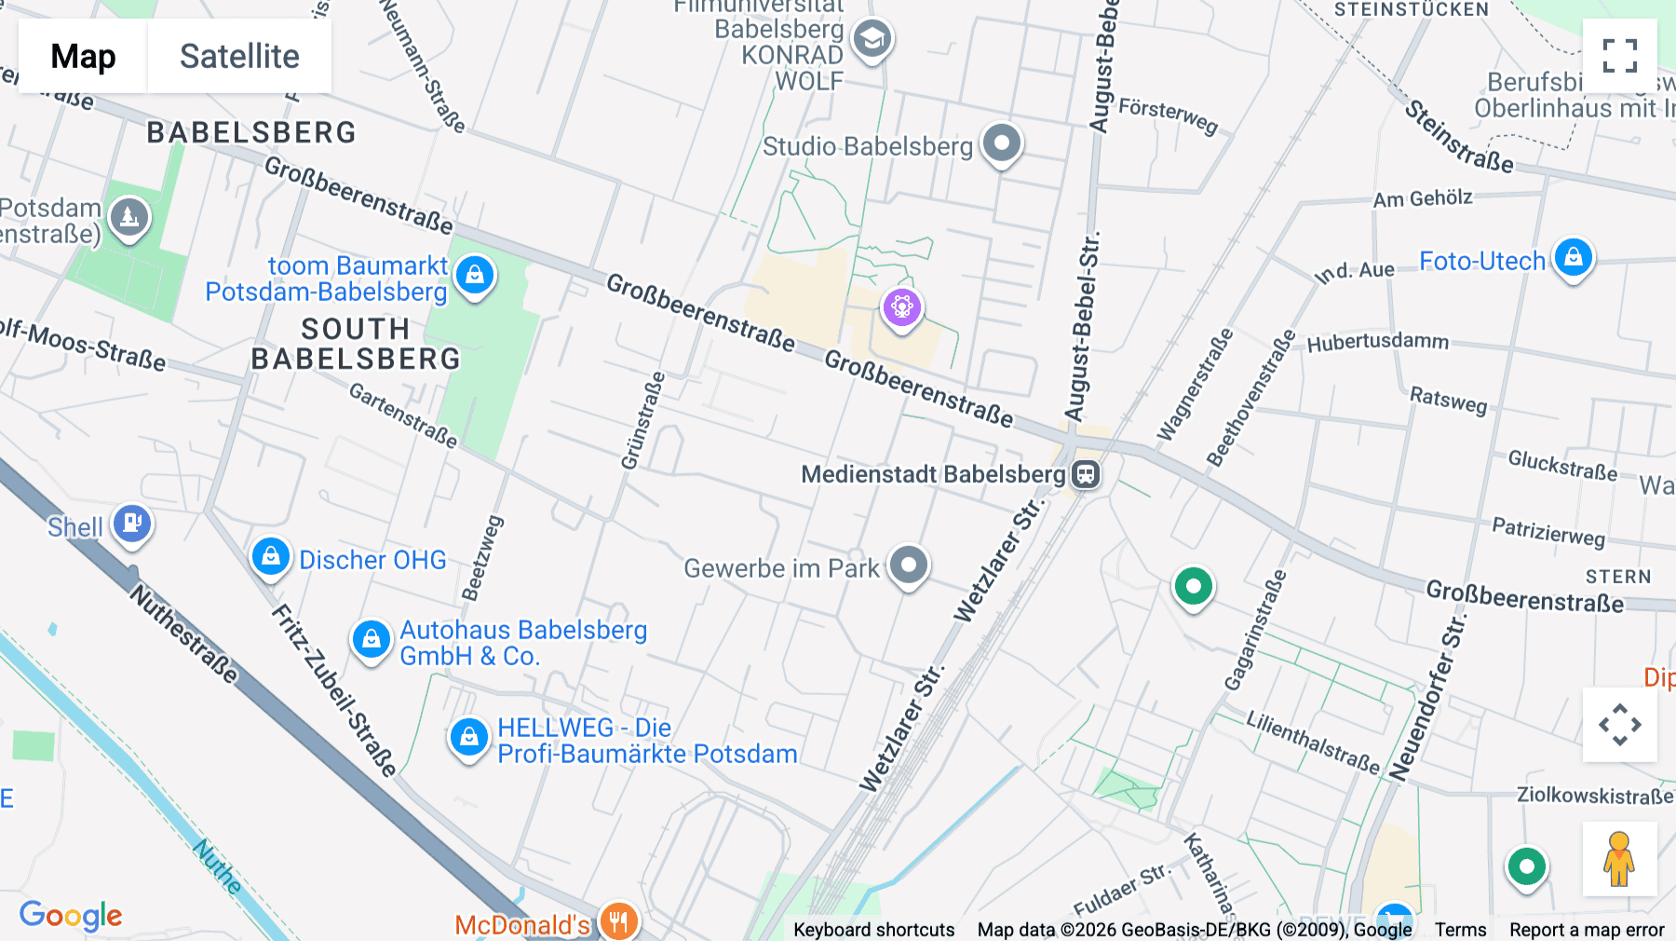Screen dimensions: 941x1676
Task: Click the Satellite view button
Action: click(239, 56)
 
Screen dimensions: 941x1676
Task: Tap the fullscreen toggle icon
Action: click(1619, 56)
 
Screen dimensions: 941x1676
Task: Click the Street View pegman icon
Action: click(1619, 858)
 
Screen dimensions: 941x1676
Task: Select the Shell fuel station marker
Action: click(132, 524)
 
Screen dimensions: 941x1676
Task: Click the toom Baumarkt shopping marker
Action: click(475, 275)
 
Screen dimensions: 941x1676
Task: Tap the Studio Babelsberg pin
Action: click(1002, 143)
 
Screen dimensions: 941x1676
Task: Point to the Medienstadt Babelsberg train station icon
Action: click(1086, 474)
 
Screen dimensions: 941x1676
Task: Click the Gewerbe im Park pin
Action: click(909, 565)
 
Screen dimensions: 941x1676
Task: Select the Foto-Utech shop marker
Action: click(1574, 256)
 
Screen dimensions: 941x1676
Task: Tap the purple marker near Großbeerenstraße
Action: click(901, 307)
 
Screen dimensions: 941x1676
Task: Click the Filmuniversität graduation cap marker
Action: click(872, 39)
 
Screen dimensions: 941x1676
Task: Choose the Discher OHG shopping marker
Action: click(271, 557)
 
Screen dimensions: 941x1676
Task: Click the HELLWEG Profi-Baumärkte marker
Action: click(469, 738)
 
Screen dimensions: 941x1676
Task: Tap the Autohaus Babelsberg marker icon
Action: click(372, 639)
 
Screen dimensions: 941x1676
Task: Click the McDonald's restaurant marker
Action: click(618, 921)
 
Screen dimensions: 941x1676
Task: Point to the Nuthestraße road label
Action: click(183, 634)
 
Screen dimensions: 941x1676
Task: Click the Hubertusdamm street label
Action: click(1377, 342)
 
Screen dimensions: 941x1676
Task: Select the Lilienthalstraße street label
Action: click(1313, 743)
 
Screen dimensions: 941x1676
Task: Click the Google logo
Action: click(71, 915)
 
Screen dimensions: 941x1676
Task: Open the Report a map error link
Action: click(1587, 930)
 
